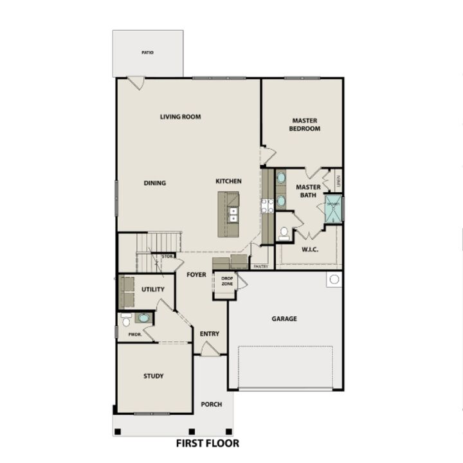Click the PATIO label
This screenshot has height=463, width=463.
[147, 53]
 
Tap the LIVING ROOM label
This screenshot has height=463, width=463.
[181, 117]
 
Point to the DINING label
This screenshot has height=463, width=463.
[155, 183]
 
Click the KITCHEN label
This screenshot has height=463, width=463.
[228, 181]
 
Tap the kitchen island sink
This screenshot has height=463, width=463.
[233, 214]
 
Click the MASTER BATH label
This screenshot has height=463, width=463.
[308, 191]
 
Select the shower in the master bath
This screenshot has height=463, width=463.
[332, 210]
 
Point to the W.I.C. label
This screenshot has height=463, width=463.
[310, 250]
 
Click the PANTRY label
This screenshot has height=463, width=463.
[261, 266]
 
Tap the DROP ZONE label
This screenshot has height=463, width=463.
[227, 281]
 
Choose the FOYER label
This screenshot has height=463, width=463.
[196, 275]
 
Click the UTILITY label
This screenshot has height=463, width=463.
[153, 289]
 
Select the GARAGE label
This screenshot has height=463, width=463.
[284, 318]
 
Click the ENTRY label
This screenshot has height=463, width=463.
[210, 334]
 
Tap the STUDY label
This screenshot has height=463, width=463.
[153, 376]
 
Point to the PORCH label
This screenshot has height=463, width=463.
[212, 404]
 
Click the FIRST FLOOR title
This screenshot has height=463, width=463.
[208, 443]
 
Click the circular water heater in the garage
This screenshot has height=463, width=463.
[333, 280]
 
